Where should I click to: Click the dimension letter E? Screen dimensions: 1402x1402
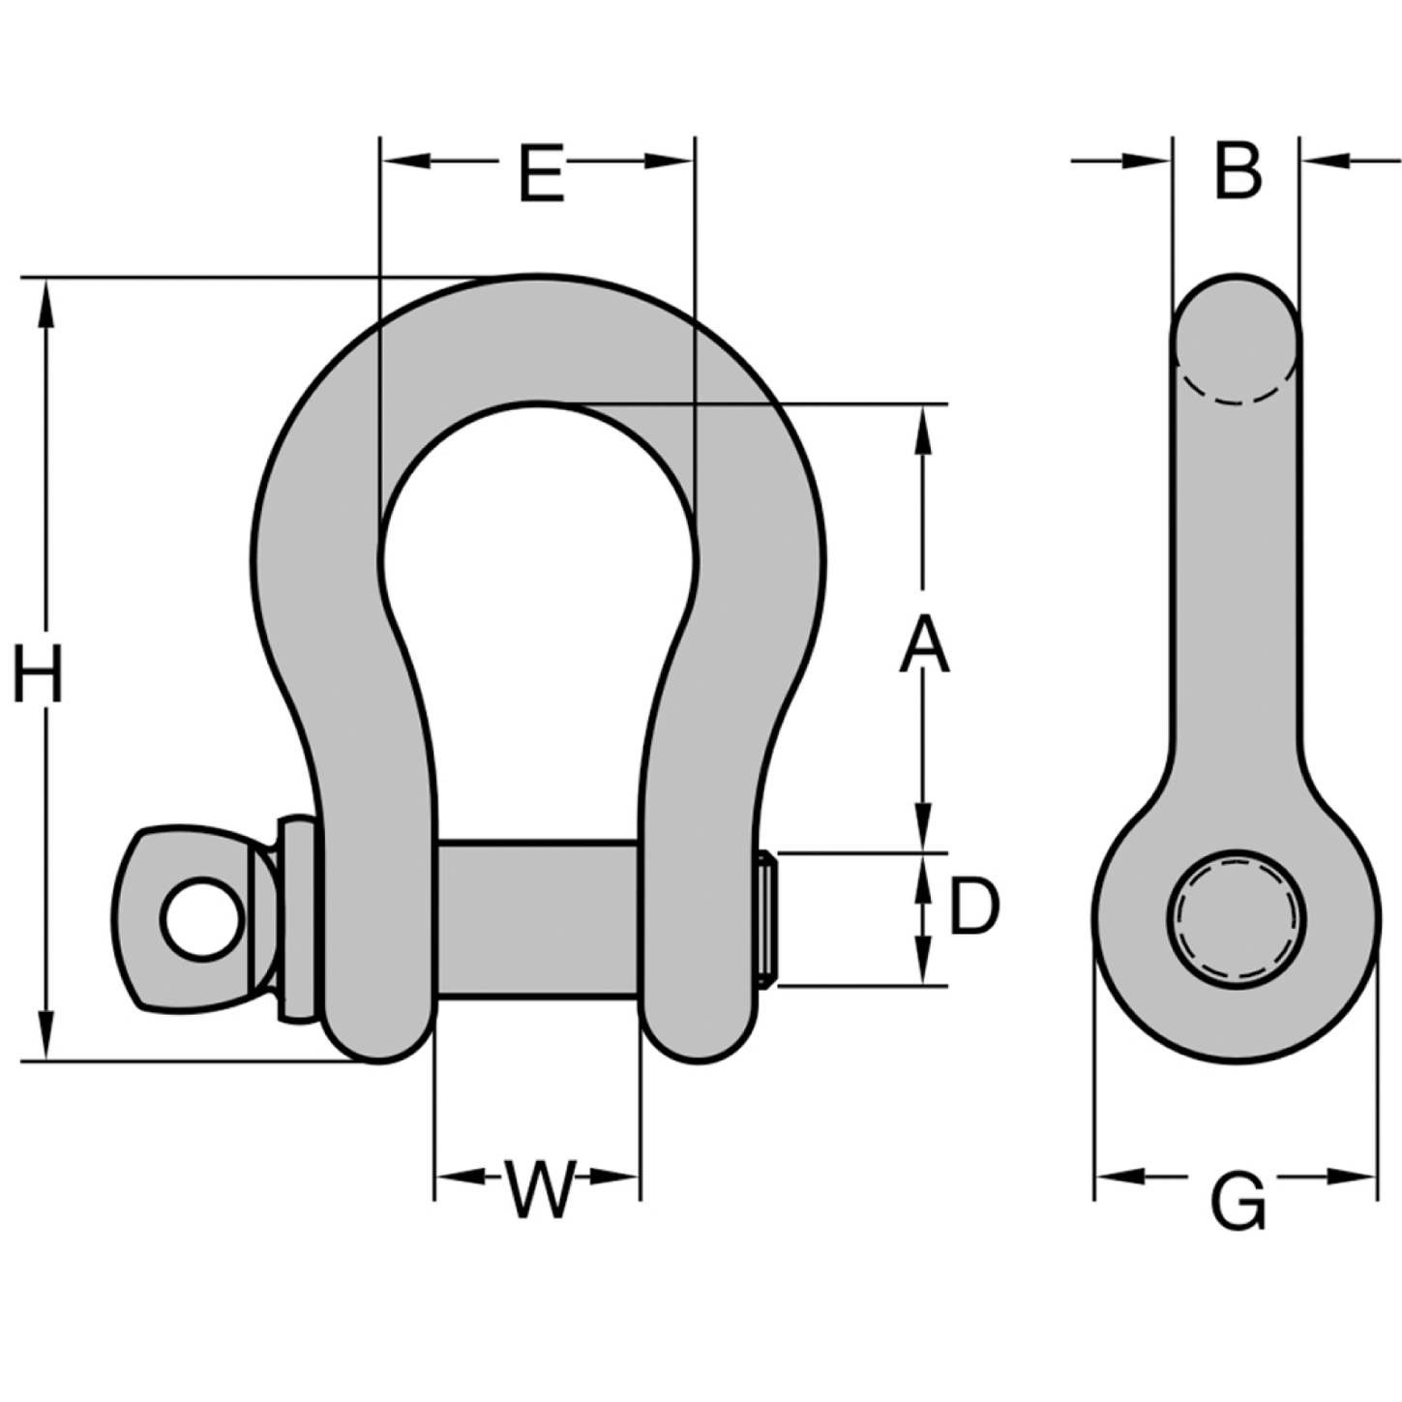point(541,174)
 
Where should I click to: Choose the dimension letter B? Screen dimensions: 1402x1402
point(1238,172)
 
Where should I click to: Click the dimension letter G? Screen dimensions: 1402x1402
point(1238,1201)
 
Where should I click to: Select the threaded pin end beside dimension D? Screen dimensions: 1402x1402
point(767,919)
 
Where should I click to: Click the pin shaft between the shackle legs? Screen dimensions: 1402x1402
point(537,919)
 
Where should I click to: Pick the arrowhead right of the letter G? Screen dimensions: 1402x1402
point(1351,1177)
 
